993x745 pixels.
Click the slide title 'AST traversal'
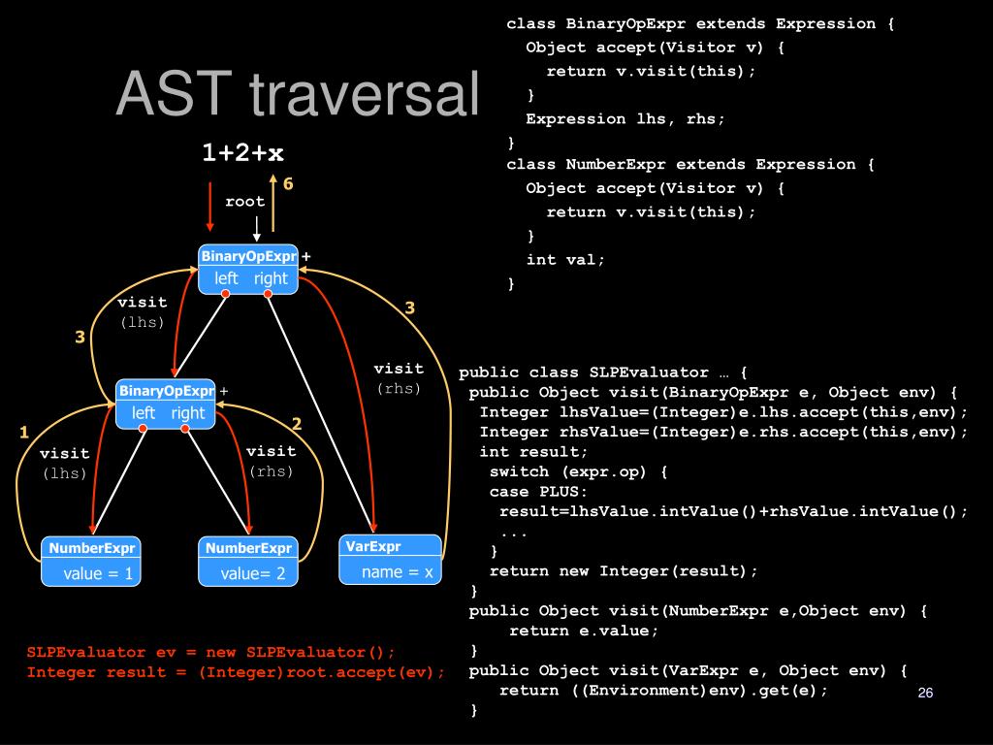click(298, 96)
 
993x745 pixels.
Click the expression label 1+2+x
click(242, 152)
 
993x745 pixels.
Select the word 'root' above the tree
click(245, 202)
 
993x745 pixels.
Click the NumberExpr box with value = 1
click(91, 561)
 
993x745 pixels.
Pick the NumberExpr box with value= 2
click(248, 561)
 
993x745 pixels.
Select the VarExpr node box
click(389, 559)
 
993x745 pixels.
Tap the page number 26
click(924, 693)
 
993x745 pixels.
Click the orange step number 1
click(24, 433)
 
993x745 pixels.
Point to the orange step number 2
click(297, 424)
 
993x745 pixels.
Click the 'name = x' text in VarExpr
click(398, 571)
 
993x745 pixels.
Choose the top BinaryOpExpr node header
click(248, 256)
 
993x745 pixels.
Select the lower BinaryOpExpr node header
click(166, 391)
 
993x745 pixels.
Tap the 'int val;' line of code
click(565, 260)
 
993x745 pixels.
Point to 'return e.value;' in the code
click(584, 631)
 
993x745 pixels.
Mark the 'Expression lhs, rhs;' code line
click(625, 118)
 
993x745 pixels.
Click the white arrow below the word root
click(257, 229)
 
